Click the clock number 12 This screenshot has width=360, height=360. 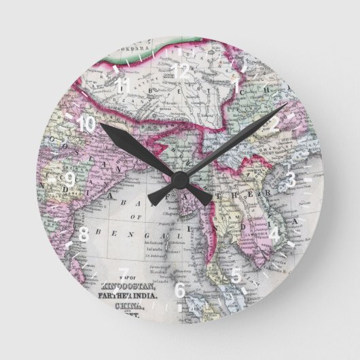click(x=181, y=69)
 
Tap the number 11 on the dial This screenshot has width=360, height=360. click(x=124, y=86)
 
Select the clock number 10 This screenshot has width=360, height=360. click(x=86, y=124)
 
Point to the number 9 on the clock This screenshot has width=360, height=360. click(x=70, y=179)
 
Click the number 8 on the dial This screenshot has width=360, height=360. click(x=84, y=234)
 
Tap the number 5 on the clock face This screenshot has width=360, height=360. click(x=236, y=275)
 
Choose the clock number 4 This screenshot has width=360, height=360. click(x=275, y=234)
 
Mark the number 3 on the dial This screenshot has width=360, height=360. click(x=290, y=179)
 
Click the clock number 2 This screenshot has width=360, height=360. click(x=274, y=125)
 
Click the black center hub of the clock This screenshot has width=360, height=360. click(x=180, y=179)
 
